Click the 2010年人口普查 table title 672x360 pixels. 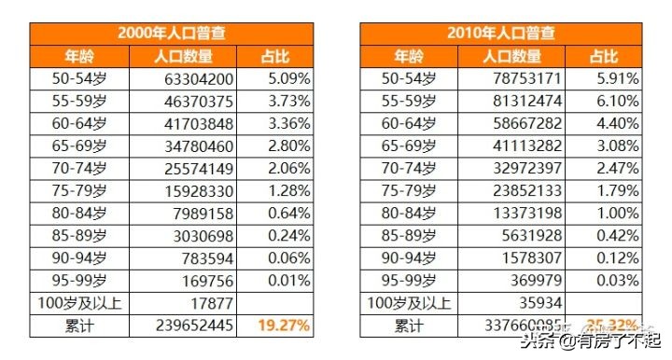coord(501,34)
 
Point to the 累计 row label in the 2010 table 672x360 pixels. coord(408,325)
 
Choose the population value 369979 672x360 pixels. coord(535,280)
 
